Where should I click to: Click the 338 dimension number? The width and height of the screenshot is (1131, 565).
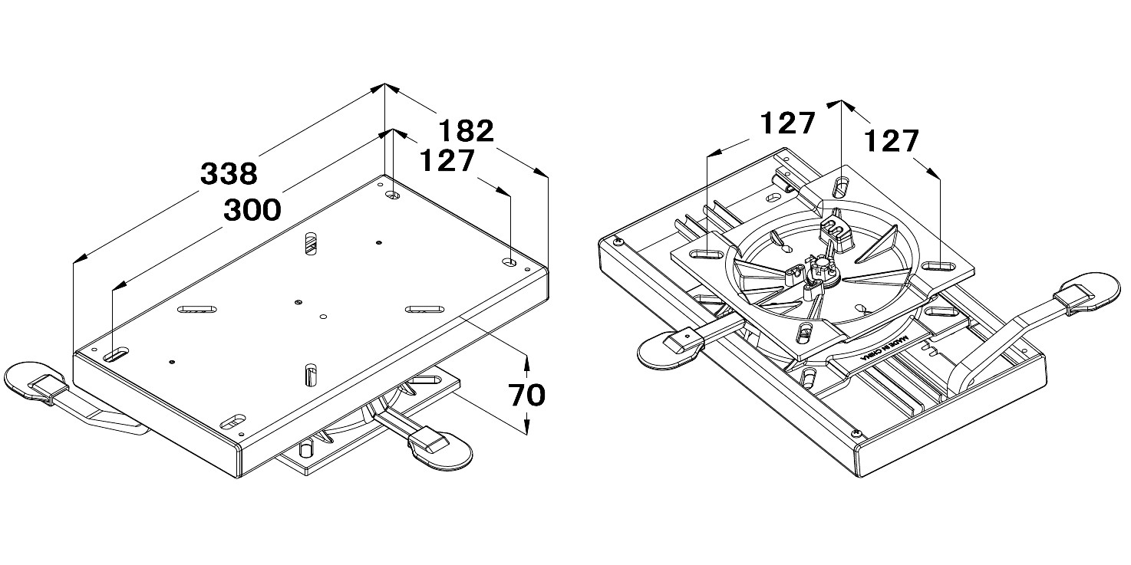[228, 173]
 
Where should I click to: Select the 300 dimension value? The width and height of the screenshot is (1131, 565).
[252, 209]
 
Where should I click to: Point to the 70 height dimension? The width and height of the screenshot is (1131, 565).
[527, 394]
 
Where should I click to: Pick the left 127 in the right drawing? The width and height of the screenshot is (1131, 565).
[786, 123]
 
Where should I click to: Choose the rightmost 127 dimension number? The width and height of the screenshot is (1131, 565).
[891, 141]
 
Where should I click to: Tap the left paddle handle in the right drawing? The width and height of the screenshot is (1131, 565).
[666, 350]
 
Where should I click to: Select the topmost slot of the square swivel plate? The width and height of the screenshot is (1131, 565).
[842, 186]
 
